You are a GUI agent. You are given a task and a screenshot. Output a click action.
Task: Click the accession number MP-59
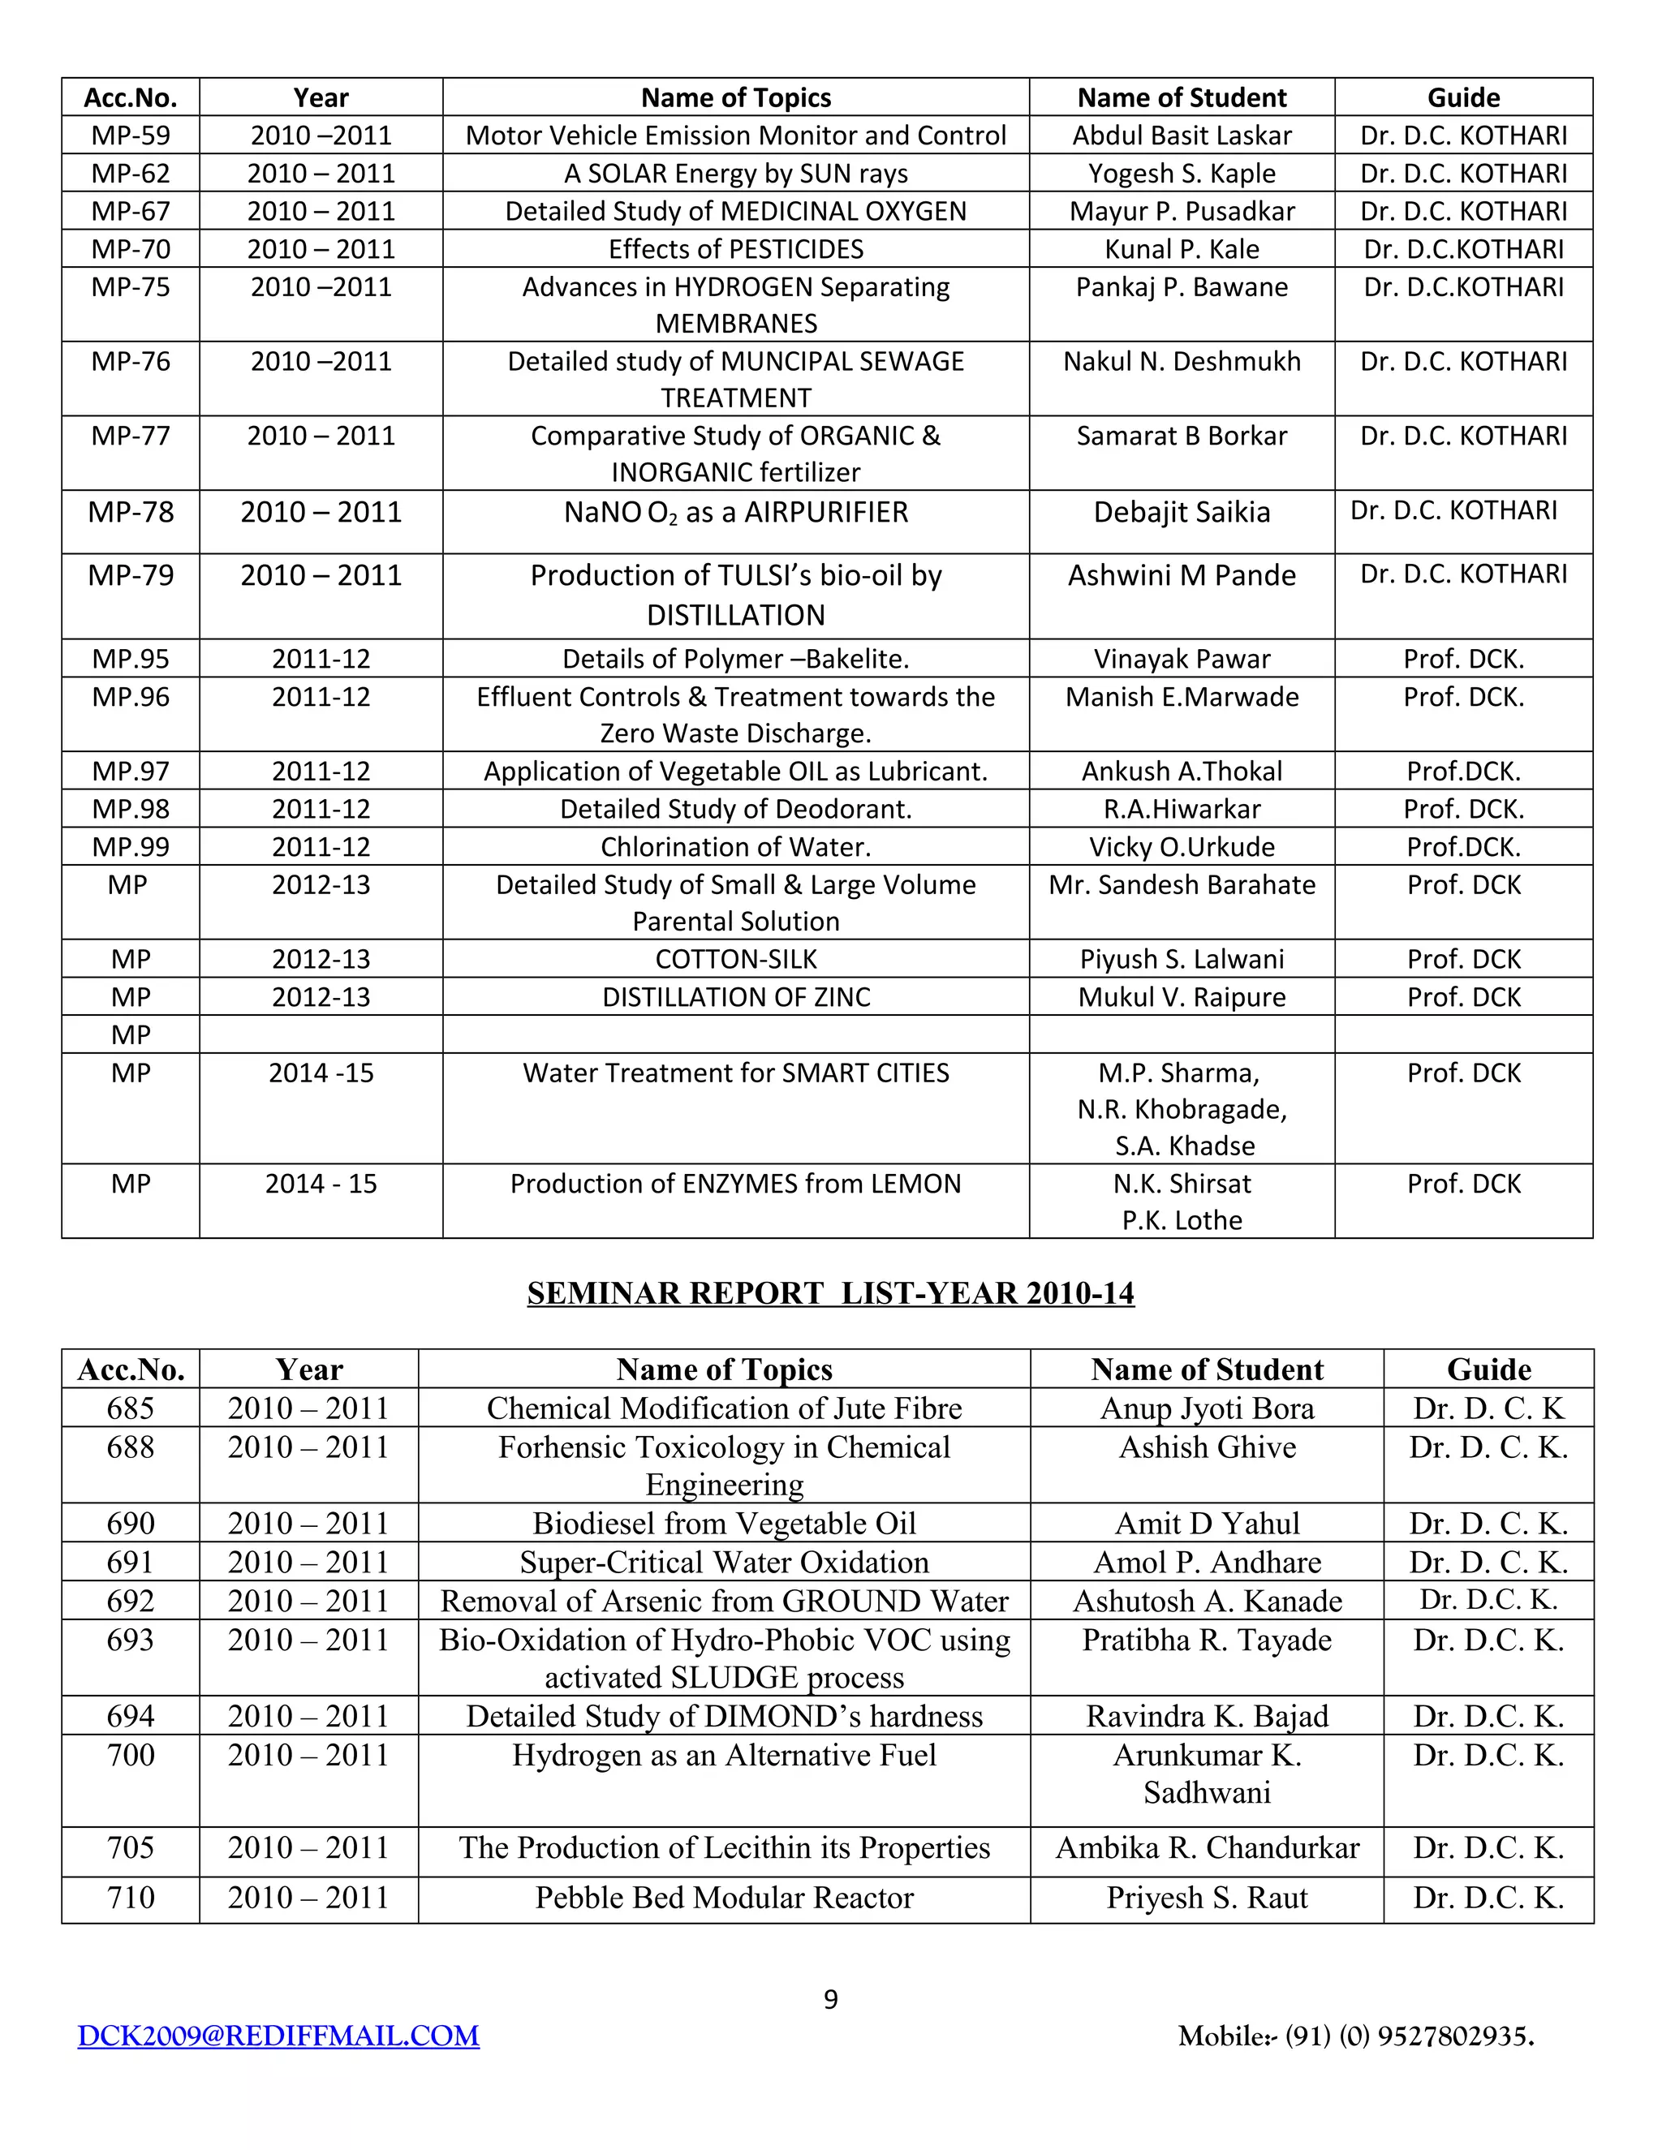[x=130, y=135]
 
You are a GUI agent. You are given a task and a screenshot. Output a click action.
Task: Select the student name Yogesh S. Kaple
[x=1182, y=174]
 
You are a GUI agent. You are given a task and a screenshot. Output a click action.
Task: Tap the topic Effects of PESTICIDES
[x=735, y=249]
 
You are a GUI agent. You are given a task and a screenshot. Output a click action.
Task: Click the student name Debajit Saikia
[x=1182, y=512]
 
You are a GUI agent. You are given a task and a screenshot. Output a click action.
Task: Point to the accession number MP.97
[x=130, y=771]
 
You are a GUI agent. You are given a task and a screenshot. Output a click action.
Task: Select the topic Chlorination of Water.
[x=735, y=846]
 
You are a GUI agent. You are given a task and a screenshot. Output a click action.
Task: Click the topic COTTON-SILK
[x=735, y=959]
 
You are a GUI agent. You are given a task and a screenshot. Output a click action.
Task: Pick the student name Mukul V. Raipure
[x=1182, y=997]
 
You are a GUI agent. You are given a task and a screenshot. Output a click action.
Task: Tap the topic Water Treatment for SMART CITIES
[x=735, y=1073]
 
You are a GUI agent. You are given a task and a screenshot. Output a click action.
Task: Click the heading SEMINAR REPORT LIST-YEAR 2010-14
[x=830, y=1293]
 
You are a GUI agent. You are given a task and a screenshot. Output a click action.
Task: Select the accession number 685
[x=130, y=1408]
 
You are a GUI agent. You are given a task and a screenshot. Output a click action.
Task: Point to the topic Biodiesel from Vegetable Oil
[x=724, y=1524]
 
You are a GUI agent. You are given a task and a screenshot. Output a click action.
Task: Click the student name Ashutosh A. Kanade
[x=1207, y=1601]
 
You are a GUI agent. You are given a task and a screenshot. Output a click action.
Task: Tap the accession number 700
[x=130, y=1755]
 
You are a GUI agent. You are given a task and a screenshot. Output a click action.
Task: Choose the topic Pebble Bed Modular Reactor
[x=724, y=1898]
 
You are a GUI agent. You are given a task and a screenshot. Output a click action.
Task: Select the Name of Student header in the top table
[x=1182, y=97]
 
